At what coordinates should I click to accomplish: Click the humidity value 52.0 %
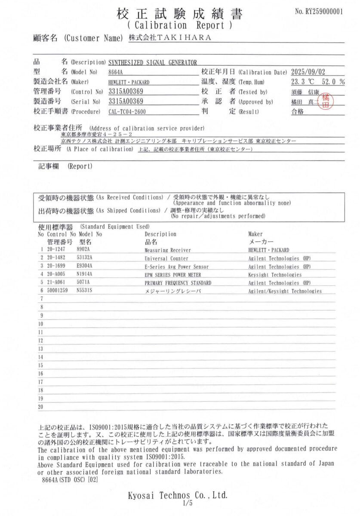(x=333, y=81)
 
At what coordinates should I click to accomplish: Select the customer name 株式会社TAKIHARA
(x=170, y=38)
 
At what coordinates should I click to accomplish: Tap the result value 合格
(x=297, y=112)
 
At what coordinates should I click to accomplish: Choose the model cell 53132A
(x=85, y=258)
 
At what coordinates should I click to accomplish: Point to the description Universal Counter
(x=166, y=258)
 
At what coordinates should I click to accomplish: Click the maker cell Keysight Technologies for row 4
(x=275, y=275)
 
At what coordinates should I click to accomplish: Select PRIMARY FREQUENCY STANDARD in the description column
(x=178, y=283)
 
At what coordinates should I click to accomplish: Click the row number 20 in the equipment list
(x=41, y=406)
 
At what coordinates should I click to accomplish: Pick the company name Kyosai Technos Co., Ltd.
(x=178, y=495)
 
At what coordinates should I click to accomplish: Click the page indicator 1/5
(x=187, y=503)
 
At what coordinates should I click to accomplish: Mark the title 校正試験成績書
(x=180, y=14)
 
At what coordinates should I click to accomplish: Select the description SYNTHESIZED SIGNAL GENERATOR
(x=153, y=62)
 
